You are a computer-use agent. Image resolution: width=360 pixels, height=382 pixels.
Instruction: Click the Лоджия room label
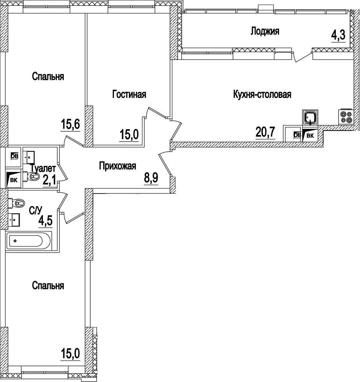[x=265, y=31]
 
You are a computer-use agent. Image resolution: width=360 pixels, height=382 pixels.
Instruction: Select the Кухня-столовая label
[x=263, y=94]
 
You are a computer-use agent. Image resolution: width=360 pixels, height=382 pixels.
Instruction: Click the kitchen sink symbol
[x=310, y=116]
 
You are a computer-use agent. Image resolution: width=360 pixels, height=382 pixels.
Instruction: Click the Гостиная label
[x=129, y=94]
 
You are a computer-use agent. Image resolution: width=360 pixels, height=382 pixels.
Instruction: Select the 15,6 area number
[x=70, y=124]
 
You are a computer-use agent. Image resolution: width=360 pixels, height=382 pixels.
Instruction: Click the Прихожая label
[x=117, y=166]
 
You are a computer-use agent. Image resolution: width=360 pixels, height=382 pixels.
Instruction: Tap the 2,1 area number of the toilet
[x=49, y=180]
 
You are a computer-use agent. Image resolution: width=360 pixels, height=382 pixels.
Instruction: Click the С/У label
[x=36, y=210]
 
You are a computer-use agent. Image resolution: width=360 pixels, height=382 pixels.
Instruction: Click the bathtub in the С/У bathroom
[x=27, y=241]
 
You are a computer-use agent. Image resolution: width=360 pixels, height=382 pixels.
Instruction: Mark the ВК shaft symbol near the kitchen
[x=310, y=135]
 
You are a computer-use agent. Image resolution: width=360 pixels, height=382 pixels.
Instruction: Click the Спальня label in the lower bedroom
[x=48, y=286]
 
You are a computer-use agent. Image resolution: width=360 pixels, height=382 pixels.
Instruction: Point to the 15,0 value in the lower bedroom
[x=70, y=353]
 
